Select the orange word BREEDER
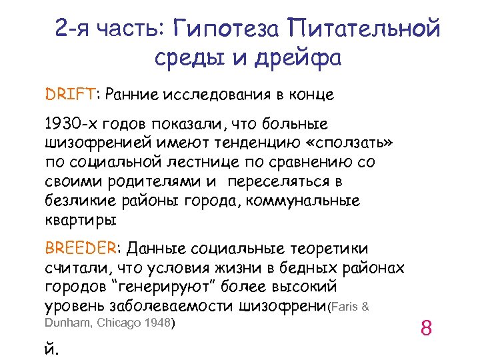80,249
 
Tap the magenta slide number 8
427,328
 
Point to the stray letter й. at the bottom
51,347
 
